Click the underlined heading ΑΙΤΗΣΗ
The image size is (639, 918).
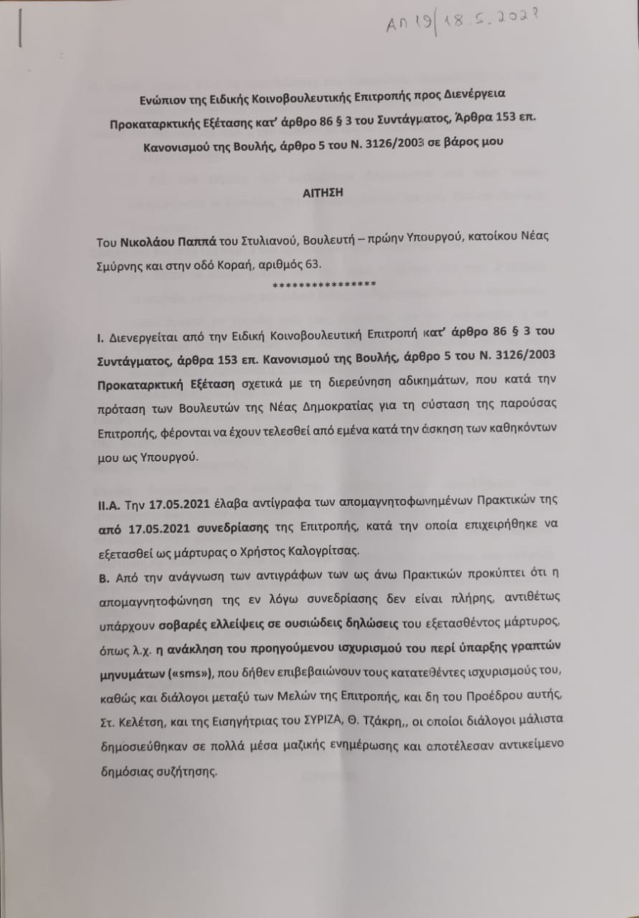click(x=320, y=193)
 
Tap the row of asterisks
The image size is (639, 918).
click(x=325, y=285)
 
